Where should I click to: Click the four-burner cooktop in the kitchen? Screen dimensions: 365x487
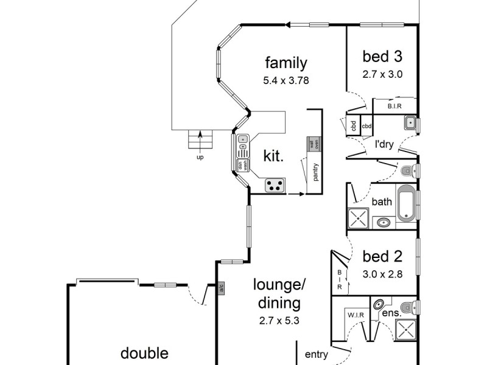(x=275, y=185)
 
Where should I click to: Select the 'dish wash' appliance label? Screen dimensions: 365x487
(x=242, y=165)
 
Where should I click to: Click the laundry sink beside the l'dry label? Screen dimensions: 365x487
(x=411, y=123)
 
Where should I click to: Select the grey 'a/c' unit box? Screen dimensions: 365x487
(x=221, y=287)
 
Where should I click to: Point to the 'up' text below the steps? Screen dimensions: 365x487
(x=200, y=158)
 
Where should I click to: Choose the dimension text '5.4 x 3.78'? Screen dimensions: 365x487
(x=286, y=80)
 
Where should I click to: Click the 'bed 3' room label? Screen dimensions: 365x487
(x=382, y=57)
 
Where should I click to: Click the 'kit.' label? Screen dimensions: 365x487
(x=273, y=156)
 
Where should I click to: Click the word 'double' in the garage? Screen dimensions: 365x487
(x=144, y=353)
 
